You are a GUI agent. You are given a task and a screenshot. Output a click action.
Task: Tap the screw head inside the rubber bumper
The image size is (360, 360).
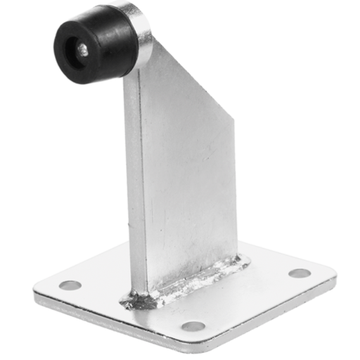[x=82, y=49]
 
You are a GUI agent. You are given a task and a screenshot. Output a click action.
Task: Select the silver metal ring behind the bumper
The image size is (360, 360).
[x=141, y=32]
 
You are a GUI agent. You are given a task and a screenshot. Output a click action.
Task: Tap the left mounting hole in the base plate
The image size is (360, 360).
[x=70, y=285]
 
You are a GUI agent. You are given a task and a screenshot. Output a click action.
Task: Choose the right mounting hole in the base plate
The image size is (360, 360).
[x=300, y=273]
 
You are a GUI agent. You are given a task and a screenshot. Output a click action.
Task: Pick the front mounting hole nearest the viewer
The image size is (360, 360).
[x=193, y=326]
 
